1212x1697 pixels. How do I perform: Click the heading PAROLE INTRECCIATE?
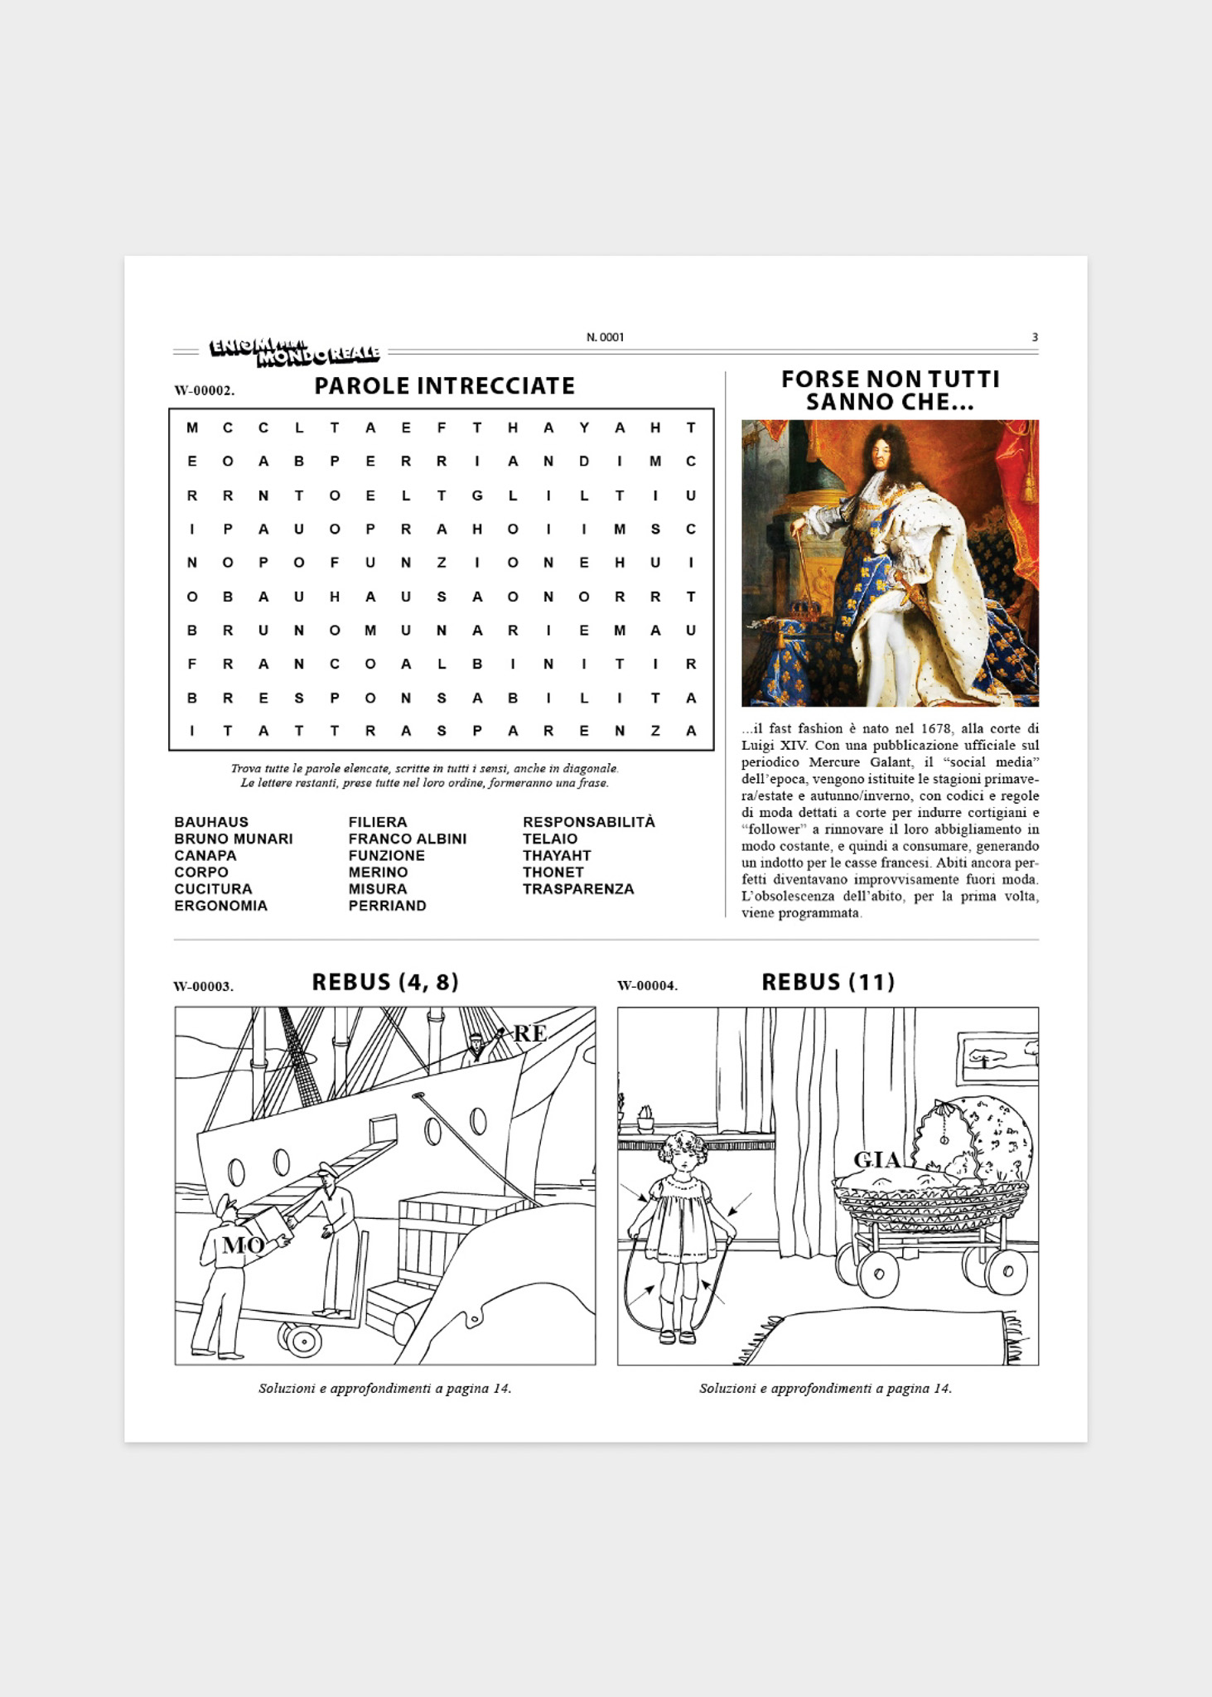444,386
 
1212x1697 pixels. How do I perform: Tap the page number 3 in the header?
1035,337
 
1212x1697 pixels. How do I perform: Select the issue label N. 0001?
606,337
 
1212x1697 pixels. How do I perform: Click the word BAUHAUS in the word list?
211,822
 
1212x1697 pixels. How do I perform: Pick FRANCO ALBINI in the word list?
408,839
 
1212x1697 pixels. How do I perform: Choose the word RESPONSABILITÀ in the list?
589,821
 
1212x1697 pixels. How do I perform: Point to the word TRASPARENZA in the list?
578,889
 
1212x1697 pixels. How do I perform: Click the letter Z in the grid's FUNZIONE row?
442,563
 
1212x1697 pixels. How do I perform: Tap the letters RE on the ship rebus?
530,1033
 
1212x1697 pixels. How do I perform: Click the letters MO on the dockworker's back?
244,1245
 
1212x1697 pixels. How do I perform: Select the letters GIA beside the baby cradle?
876,1160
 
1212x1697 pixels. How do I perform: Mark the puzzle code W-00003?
204,986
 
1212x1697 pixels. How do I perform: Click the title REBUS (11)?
828,982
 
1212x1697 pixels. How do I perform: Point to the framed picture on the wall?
997,1058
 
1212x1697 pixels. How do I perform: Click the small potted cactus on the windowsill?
645,1119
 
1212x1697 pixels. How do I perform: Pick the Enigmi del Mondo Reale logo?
294,351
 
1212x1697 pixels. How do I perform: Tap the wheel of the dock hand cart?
302,1339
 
